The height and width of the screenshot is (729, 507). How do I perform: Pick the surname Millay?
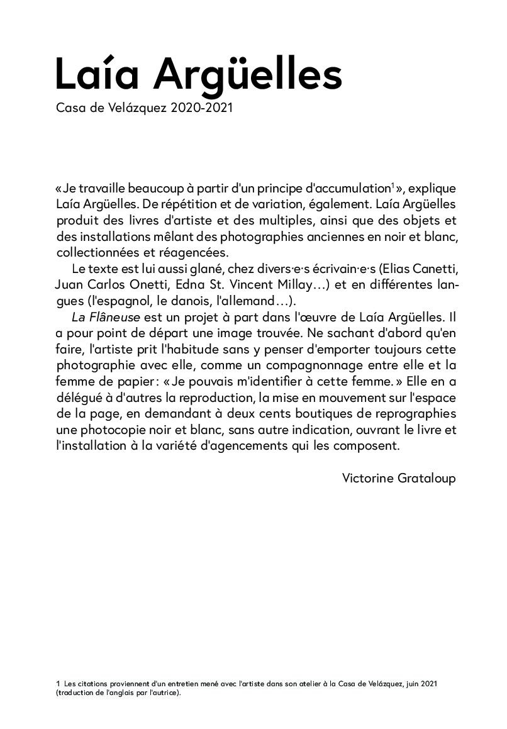pos(304,285)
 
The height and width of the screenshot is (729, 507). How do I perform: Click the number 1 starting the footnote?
pos(58,683)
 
